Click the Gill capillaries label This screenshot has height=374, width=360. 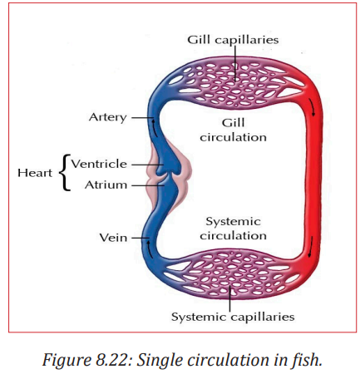tap(233, 40)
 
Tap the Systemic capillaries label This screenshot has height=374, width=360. tap(233, 317)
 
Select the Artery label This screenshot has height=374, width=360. tap(108, 117)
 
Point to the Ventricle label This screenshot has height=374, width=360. tap(99, 164)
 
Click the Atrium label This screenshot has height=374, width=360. tap(106, 185)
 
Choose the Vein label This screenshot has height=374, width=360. tap(113, 238)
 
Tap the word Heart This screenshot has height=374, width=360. tap(35, 173)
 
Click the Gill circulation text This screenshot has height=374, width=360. tap(234, 130)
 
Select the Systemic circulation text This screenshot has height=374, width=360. tap(234, 229)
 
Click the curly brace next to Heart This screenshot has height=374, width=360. tap(64, 173)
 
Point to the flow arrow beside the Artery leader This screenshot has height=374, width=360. tap(155, 126)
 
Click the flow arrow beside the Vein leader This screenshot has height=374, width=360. tap(150, 249)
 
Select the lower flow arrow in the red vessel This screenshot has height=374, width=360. tap(311, 247)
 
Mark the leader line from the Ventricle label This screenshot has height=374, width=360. tap(146, 165)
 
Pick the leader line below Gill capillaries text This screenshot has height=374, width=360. tap(235, 63)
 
